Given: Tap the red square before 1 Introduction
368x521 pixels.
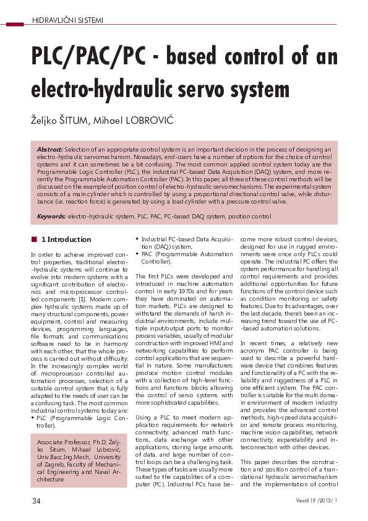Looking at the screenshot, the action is tap(33, 239).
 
